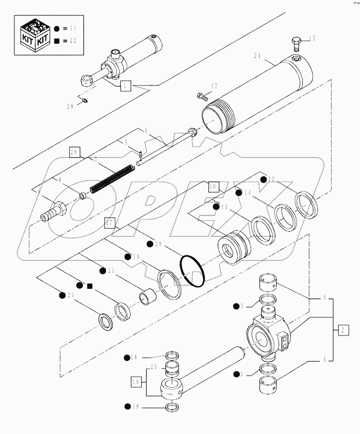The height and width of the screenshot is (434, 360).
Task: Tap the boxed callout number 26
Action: tap(75, 151)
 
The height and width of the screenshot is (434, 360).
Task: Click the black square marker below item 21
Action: tap(89, 286)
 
